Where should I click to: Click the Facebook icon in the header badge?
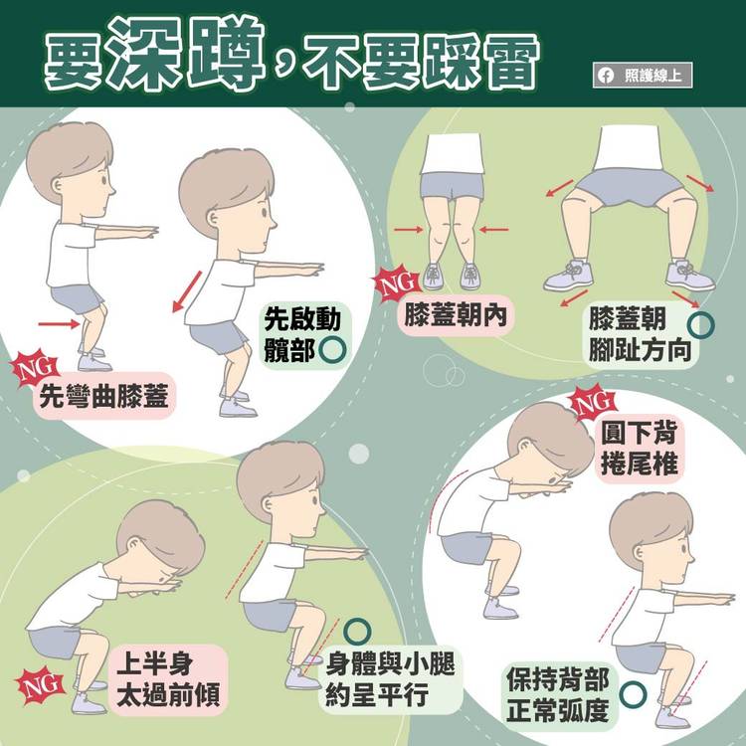click(605, 76)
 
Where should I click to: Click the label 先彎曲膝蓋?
click(103, 396)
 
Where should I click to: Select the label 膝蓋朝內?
click(456, 315)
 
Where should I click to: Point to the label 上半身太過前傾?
click(168, 679)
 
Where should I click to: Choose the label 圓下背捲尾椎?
click(639, 448)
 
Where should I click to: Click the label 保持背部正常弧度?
click(558, 694)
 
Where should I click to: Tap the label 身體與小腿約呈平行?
click(390, 679)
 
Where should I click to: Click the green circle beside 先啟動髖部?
click(331, 350)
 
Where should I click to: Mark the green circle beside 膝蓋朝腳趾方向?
click(701, 325)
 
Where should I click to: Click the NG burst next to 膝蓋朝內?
click(396, 284)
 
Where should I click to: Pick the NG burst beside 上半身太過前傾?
click(40, 685)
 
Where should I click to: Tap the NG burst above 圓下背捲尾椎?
click(593, 404)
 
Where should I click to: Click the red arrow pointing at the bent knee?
click(59, 324)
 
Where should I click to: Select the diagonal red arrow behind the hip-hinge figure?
click(187, 291)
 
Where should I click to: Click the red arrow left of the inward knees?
click(408, 230)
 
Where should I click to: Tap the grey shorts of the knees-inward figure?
click(452, 186)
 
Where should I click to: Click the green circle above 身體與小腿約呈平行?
click(357, 632)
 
